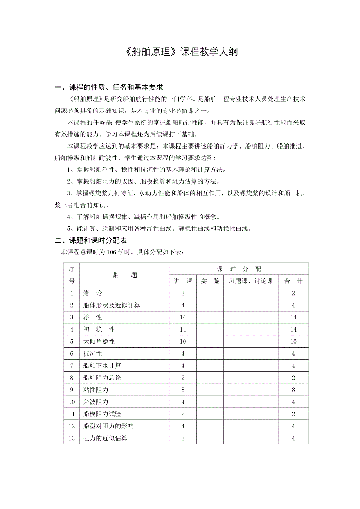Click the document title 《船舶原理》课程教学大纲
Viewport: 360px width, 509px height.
pyautogui.click(x=180, y=52)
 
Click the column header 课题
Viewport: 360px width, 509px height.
pyautogui.click(x=124, y=275)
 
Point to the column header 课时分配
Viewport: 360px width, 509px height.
pyautogui.click(x=239, y=269)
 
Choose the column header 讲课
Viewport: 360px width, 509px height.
pyautogui.click(x=183, y=281)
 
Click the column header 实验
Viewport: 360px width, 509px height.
pyautogui.click(x=210, y=281)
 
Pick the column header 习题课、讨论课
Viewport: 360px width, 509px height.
pyautogui.click(x=251, y=281)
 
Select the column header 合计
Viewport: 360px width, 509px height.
pyautogui.click(x=293, y=281)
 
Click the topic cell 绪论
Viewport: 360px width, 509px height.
pyautogui.click(x=92, y=293)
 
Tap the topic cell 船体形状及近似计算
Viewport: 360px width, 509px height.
pyautogui.click(x=112, y=305)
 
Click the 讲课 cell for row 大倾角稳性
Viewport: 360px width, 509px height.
pyautogui.click(x=183, y=342)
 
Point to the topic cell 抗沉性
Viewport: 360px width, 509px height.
pyautogui.click(x=92, y=354)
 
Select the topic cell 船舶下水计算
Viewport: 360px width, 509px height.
pyautogui.click(x=102, y=366)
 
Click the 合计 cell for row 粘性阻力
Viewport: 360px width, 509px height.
pyautogui.click(x=293, y=390)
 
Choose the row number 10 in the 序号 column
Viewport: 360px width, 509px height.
pyautogui.click(x=72, y=402)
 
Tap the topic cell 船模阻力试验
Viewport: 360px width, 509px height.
pyautogui.click(x=102, y=414)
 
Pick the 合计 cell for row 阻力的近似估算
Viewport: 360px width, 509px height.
pyautogui.click(x=293, y=438)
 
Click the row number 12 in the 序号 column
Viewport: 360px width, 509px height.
pyautogui.click(x=72, y=426)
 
